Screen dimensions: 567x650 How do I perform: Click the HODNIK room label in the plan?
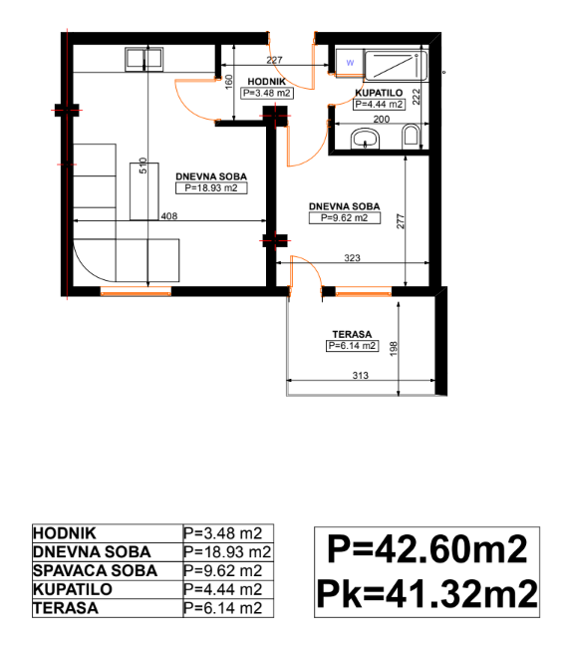(x=266, y=82)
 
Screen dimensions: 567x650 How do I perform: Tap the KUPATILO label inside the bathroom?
(x=379, y=93)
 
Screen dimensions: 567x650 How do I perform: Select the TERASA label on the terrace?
(x=352, y=334)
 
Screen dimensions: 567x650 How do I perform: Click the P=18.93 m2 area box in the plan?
(x=211, y=188)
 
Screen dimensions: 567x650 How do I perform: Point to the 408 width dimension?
(x=169, y=216)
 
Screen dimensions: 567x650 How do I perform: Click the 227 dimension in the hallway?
(x=274, y=60)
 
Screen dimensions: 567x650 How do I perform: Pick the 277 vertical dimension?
(x=400, y=221)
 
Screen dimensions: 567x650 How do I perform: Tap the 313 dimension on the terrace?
(x=360, y=375)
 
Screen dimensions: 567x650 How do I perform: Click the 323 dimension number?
(x=352, y=258)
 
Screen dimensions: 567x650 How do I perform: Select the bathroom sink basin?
(x=365, y=139)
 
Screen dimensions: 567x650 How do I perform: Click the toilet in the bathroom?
(x=411, y=136)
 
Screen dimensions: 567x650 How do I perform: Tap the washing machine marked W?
(x=350, y=63)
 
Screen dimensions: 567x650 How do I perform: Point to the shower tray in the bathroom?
(x=396, y=66)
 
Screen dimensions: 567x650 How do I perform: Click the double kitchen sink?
(x=143, y=59)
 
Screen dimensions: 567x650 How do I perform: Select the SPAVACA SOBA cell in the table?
(x=96, y=571)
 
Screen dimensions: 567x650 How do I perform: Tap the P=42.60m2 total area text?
(x=426, y=549)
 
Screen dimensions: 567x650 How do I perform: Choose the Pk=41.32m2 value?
(x=426, y=593)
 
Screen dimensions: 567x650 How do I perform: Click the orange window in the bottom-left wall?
(x=136, y=291)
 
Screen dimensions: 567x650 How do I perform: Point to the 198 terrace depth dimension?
(x=394, y=349)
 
